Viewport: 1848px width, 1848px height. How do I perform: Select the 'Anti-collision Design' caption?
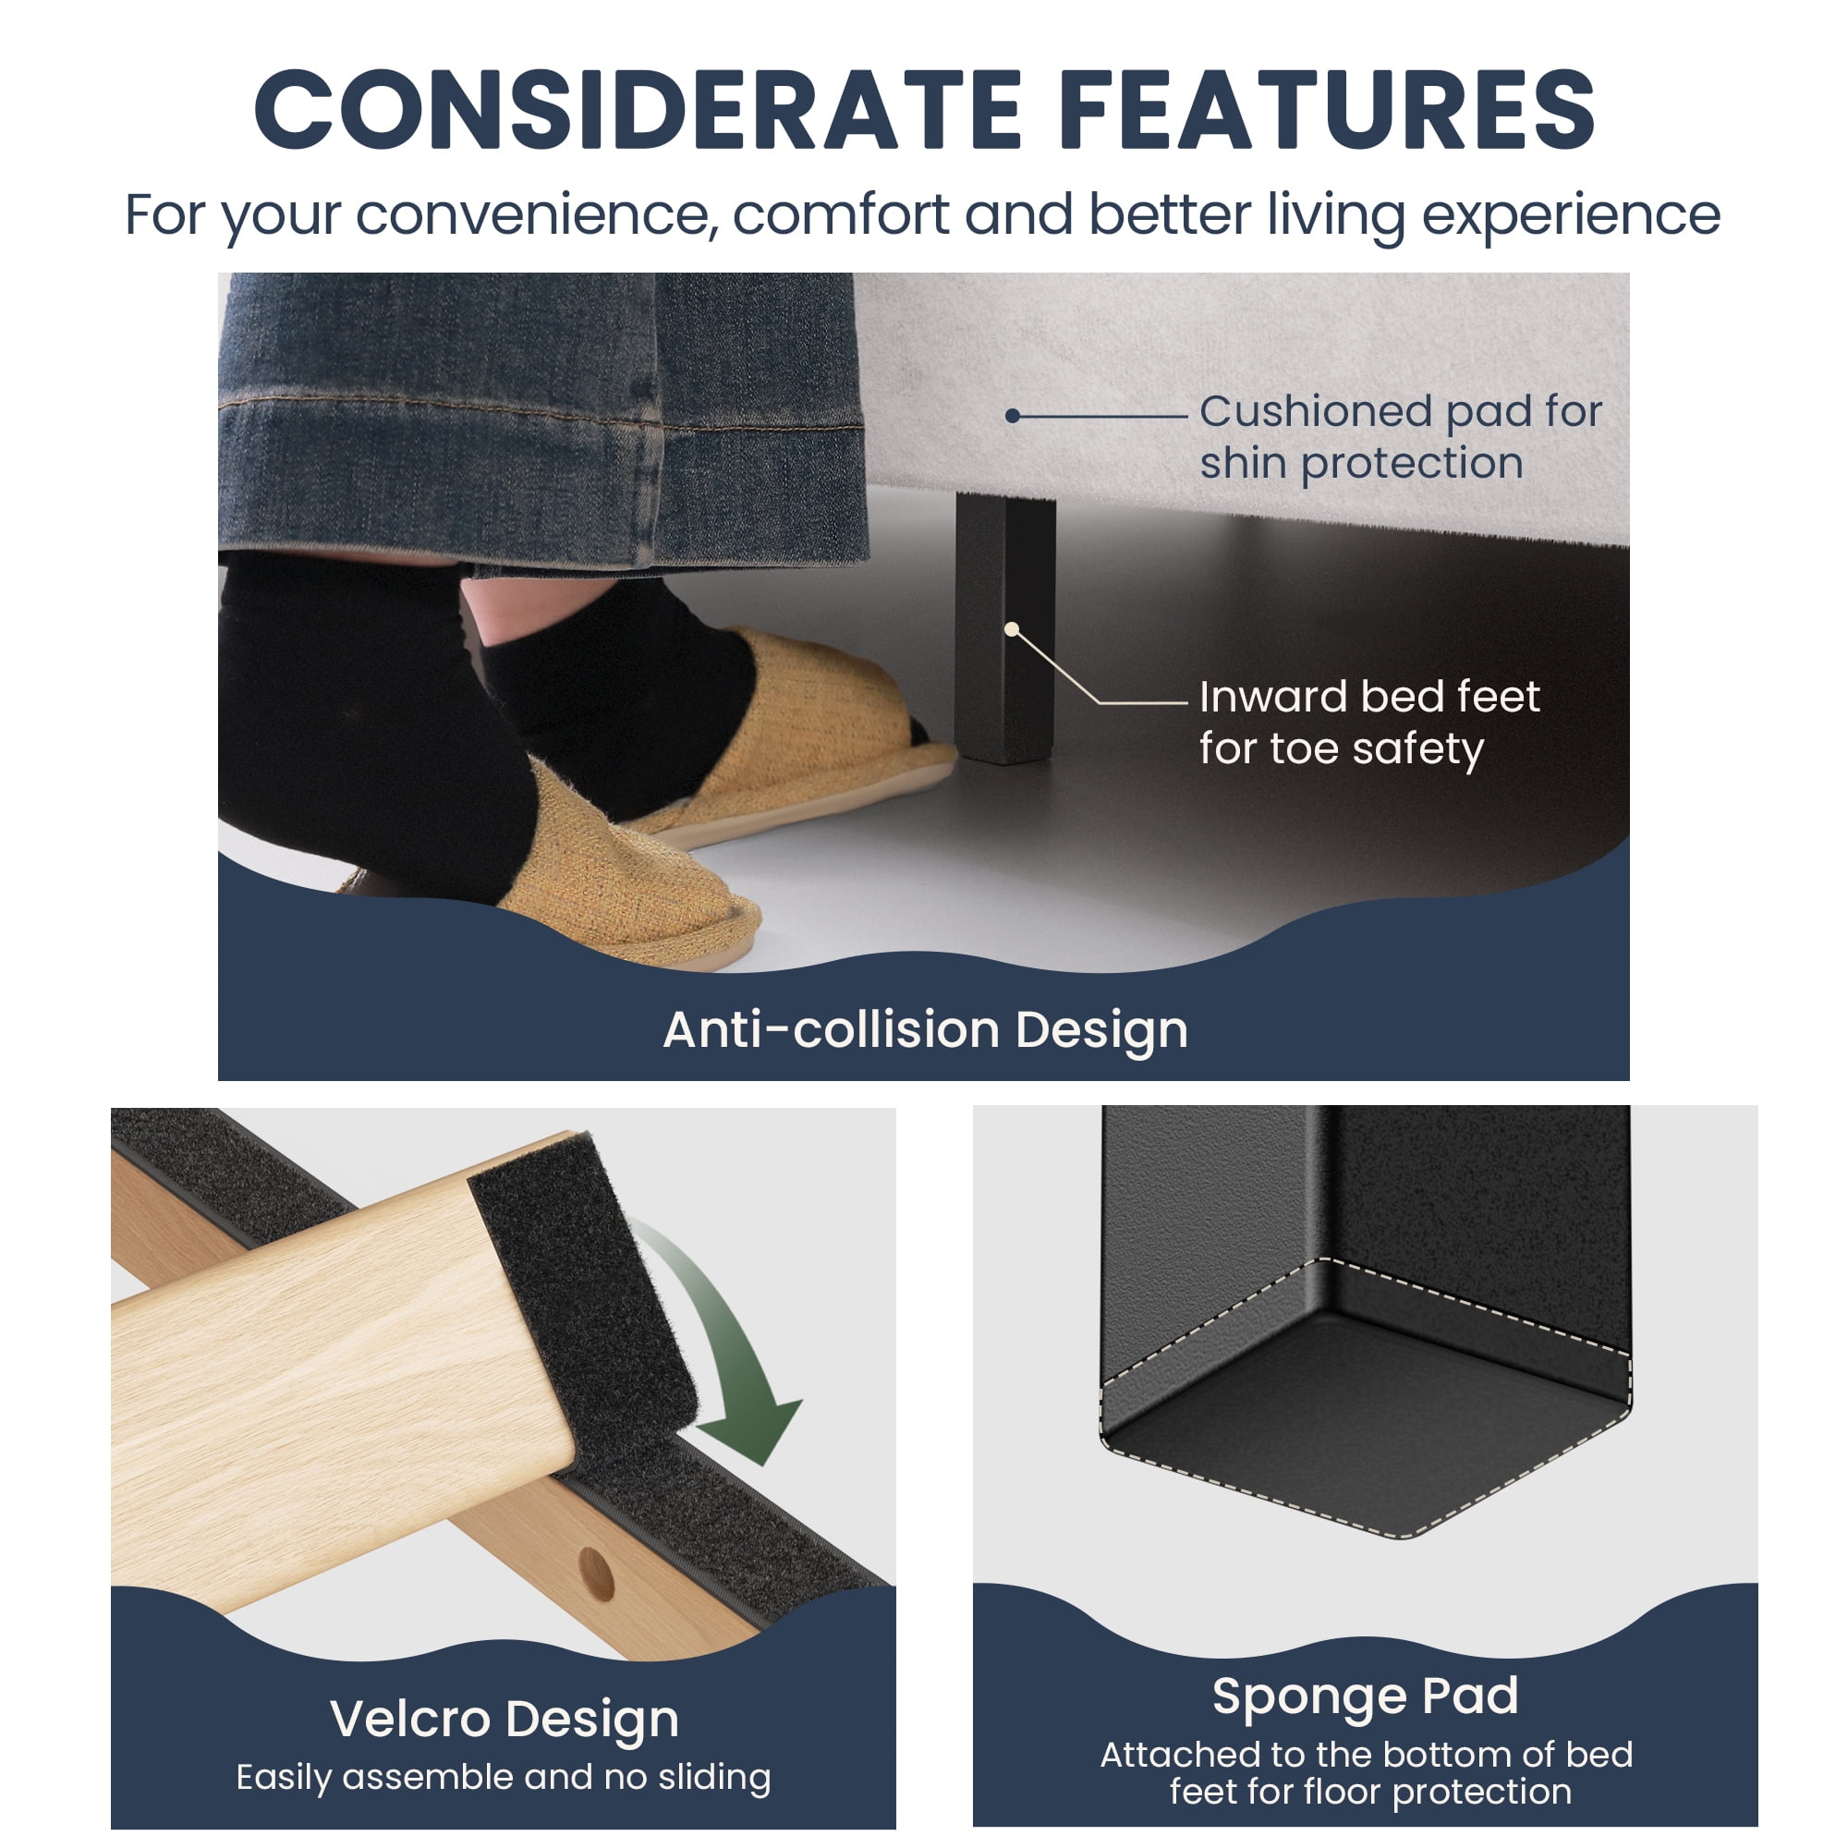point(925,1030)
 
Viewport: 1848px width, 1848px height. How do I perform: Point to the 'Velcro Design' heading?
point(505,1719)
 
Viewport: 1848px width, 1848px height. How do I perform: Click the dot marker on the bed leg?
point(1011,628)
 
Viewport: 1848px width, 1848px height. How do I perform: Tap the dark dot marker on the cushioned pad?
point(1012,416)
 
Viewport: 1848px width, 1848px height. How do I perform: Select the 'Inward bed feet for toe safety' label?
point(1369,723)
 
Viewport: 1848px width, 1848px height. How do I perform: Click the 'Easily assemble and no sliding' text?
point(504,1777)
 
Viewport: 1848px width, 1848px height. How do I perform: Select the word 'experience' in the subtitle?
point(1571,215)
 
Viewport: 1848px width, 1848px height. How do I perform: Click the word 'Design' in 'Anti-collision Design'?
point(1101,1031)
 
